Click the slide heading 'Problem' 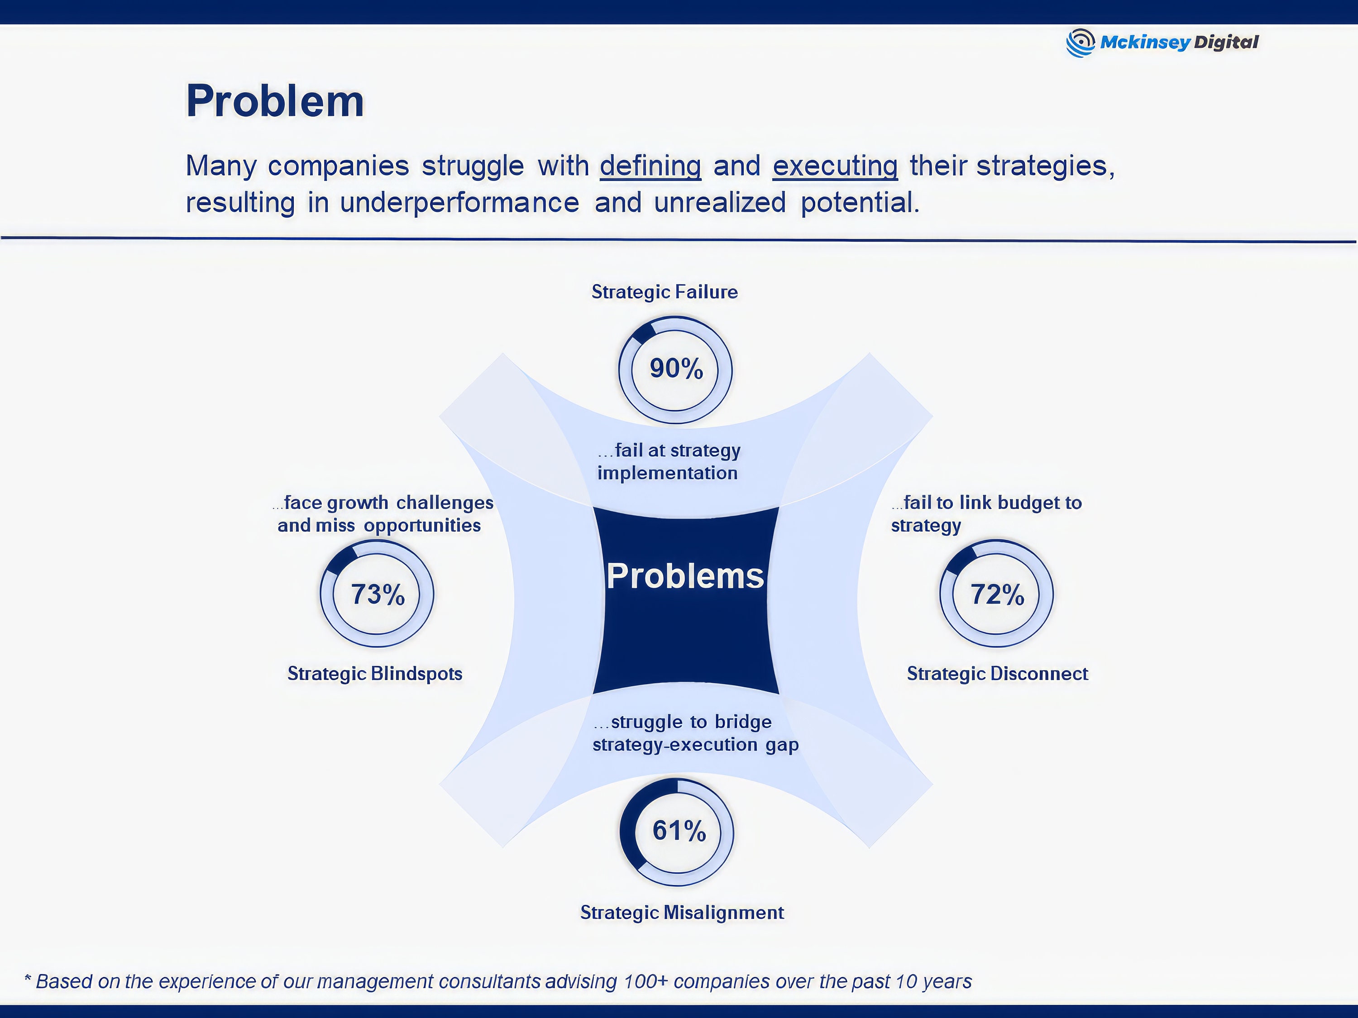[275, 101]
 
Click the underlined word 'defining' [650, 166]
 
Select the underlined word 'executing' [835, 166]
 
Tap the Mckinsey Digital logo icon [1080, 43]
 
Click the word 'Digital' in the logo [1225, 43]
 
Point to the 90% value [676, 369]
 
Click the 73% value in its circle [377, 594]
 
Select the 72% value [997, 594]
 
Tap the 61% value [679, 831]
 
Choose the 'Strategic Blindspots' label [374, 673]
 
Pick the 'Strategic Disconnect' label [997, 673]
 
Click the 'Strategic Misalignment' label [681, 913]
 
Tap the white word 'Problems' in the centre [685, 576]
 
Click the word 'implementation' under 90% [667, 473]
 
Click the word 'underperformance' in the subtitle [459, 203]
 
